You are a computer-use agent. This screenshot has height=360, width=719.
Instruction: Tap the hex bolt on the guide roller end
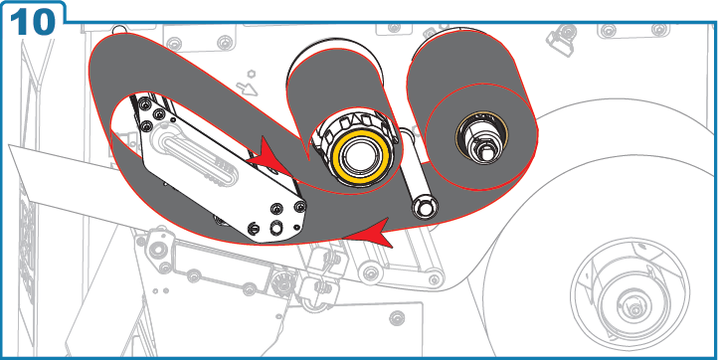[x=425, y=207]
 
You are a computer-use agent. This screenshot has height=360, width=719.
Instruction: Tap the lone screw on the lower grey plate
[x=399, y=319]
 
